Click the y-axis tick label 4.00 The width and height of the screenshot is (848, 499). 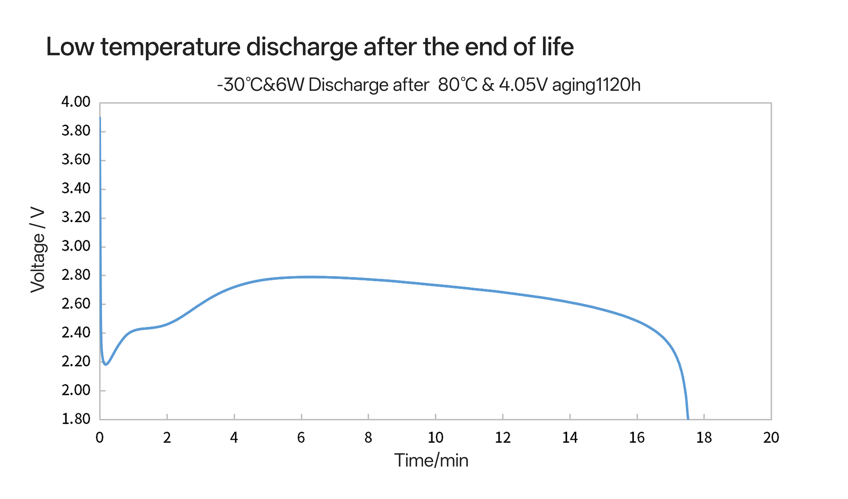pos(76,102)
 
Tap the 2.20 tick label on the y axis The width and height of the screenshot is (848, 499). pos(76,362)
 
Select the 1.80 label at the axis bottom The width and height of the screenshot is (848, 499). pos(76,419)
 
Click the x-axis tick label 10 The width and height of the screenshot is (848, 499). pos(435,438)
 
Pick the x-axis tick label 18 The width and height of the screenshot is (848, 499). pos(704,438)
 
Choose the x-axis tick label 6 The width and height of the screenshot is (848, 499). pos(301,438)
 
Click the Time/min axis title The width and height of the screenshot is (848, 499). pos(431,461)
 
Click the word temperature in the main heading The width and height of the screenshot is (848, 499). pos(170,47)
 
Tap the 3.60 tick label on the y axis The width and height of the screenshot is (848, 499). pos(76,160)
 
